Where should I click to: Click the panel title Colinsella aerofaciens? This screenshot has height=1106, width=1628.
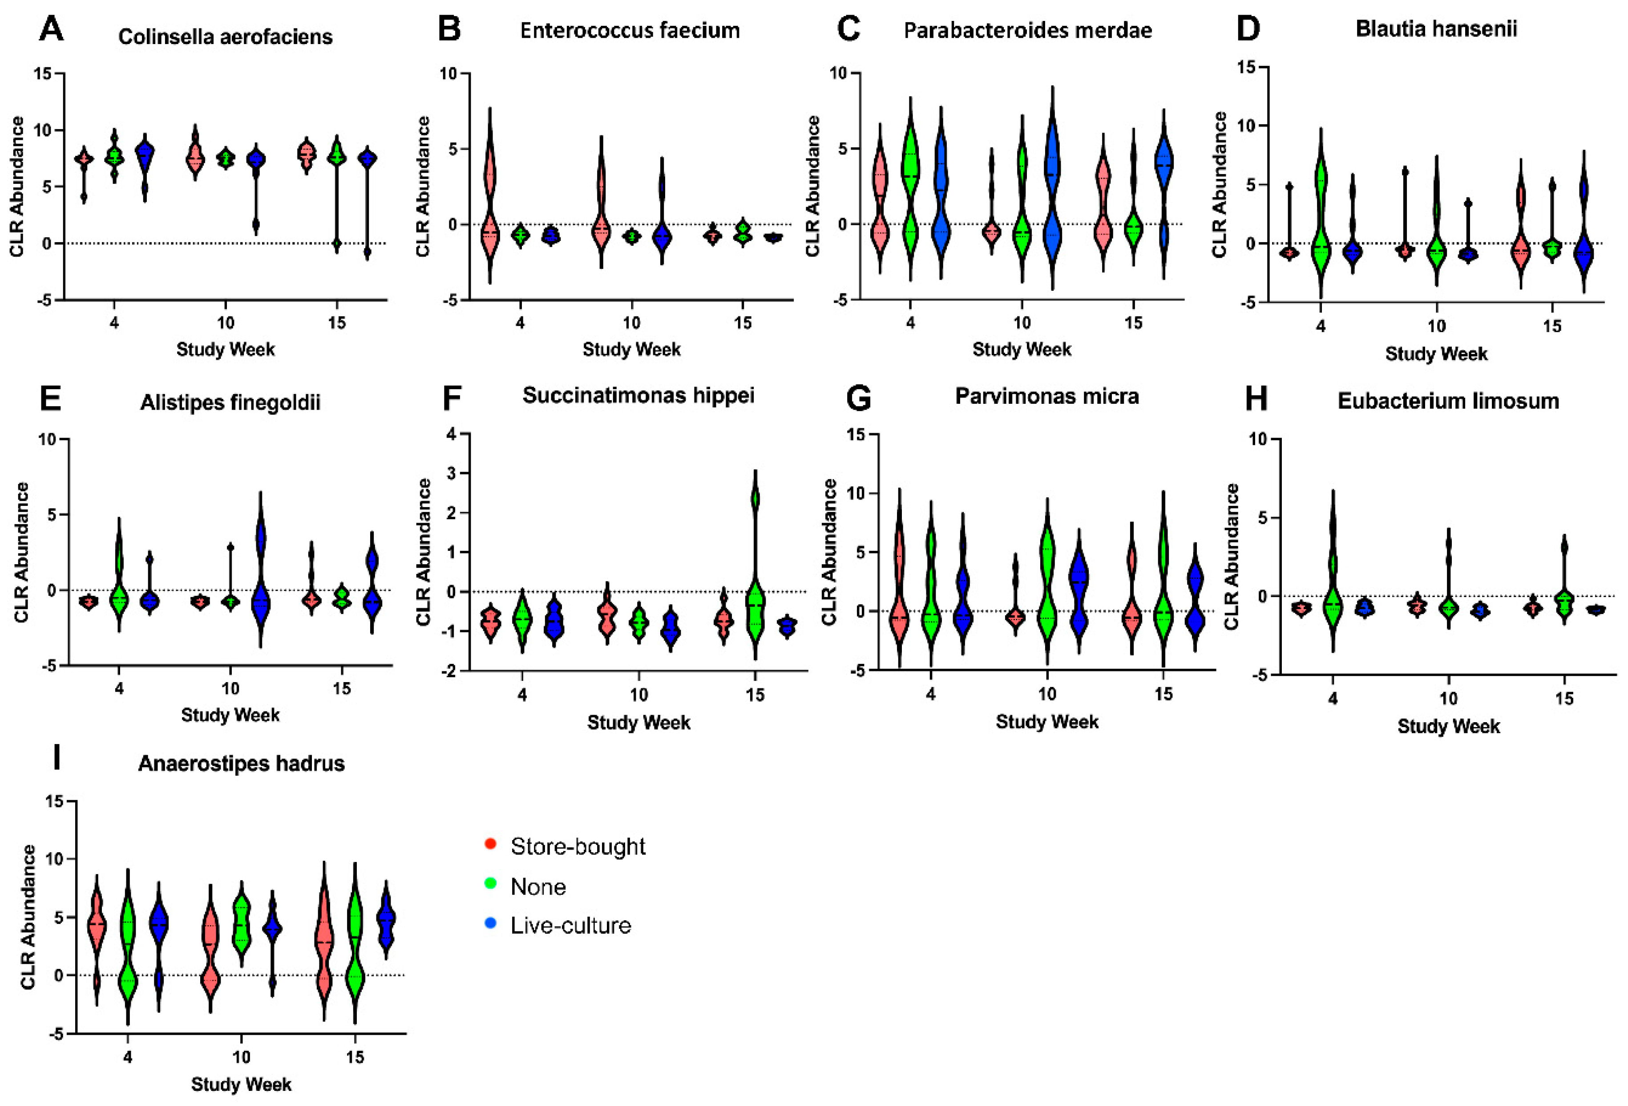(x=225, y=37)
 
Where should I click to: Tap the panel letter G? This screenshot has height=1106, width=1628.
(x=858, y=398)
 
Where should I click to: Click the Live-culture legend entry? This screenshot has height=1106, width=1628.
(x=570, y=925)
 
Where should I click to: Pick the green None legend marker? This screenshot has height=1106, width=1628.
(x=490, y=884)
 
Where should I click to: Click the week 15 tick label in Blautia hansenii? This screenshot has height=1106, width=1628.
(x=1552, y=326)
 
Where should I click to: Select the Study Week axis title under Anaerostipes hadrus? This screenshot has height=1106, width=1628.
(x=241, y=1084)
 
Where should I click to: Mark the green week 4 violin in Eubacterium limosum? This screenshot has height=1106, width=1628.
(x=1333, y=582)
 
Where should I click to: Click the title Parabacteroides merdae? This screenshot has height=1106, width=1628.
(x=1027, y=31)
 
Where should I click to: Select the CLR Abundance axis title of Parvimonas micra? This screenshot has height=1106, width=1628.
(x=829, y=552)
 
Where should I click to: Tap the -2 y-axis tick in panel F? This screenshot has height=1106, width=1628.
(x=451, y=671)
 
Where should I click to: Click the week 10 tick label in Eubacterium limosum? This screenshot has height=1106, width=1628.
(x=1448, y=698)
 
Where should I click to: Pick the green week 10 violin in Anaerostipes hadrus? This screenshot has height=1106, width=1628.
(x=242, y=925)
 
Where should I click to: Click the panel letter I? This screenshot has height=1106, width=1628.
(x=57, y=758)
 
